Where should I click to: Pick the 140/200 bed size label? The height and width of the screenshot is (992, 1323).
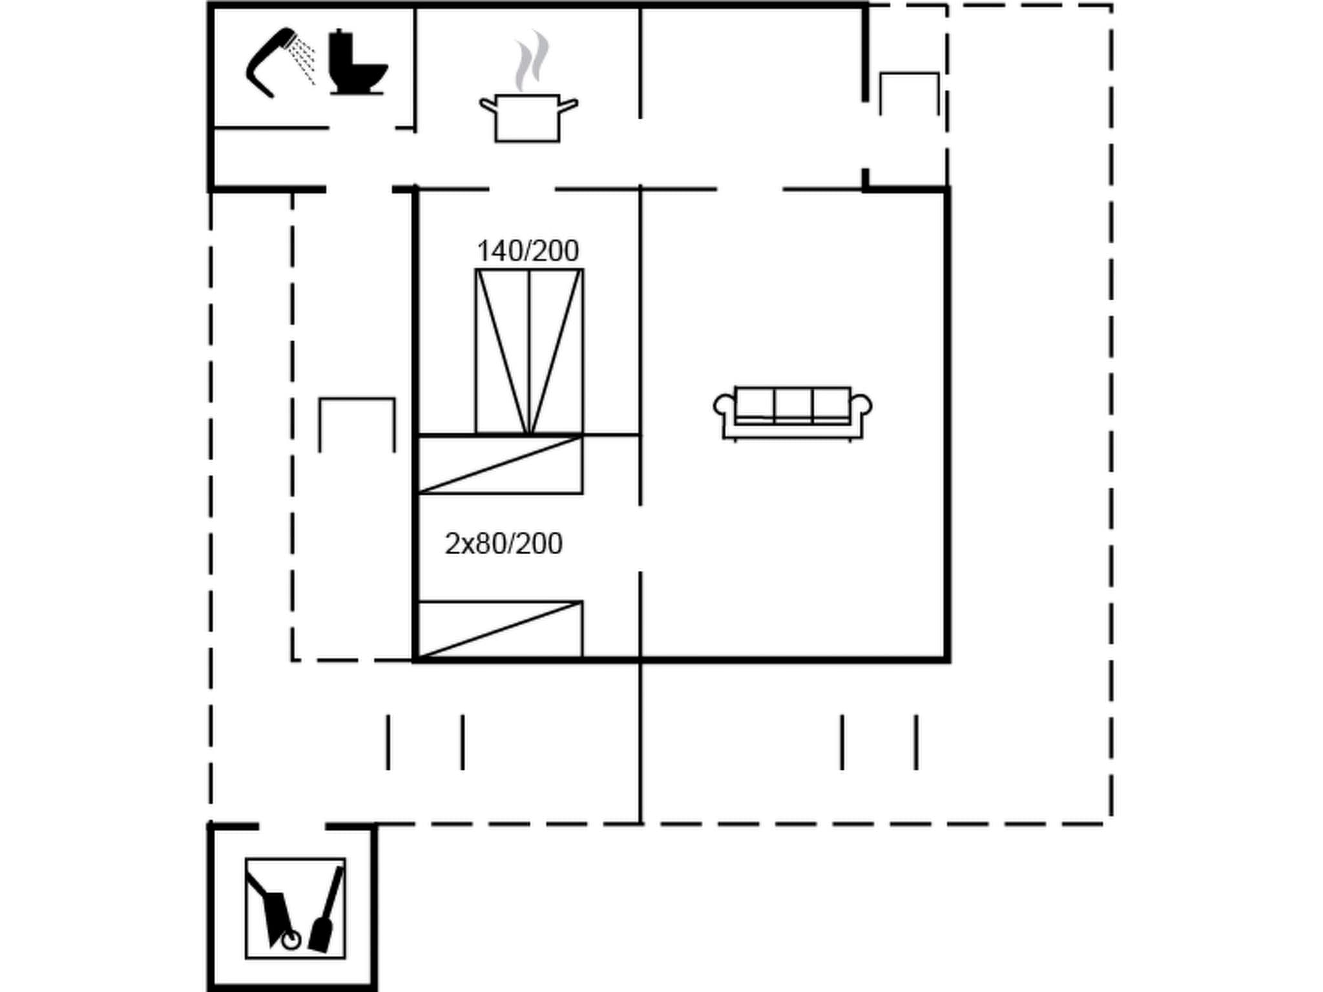pyautogui.click(x=527, y=251)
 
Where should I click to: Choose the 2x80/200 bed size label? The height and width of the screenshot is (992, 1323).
pyautogui.click(x=503, y=544)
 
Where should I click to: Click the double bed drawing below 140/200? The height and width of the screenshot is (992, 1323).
pyautogui.click(x=529, y=351)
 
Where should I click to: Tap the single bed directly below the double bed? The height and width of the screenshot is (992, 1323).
pyautogui.click(x=500, y=465)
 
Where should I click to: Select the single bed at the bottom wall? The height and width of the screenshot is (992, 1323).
pyautogui.click(x=500, y=630)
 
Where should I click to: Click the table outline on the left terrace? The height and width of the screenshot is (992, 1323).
pyautogui.click(x=357, y=424)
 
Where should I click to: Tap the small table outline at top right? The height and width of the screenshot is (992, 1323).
pyautogui.click(x=909, y=94)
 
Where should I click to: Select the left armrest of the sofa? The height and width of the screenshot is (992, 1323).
pyautogui.click(x=724, y=407)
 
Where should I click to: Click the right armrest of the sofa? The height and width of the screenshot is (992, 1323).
pyautogui.click(x=862, y=407)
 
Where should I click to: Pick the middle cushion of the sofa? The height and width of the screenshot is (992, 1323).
pyautogui.click(x=793, y=403)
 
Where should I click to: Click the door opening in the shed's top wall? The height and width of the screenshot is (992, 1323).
pyautogui.click(x=292, y=827)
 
